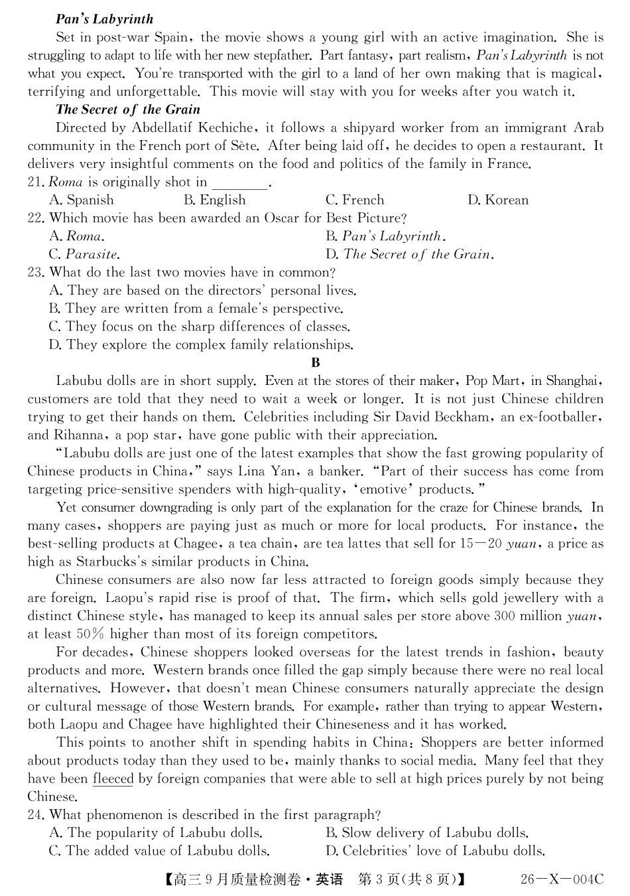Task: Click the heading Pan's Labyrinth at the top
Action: click(104, 19)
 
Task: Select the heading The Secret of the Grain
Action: click(127, 110)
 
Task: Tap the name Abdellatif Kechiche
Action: click(192, 127)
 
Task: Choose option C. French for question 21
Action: click(354, 200)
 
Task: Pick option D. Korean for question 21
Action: click(497, 200)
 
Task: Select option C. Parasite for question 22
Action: click(84, 254)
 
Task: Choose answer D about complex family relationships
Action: click(201, 344)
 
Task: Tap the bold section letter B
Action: click(316, 362)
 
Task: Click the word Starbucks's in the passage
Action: click(130, 561)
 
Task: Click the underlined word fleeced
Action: click(113, 779)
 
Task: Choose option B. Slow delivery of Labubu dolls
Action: click(426, 833)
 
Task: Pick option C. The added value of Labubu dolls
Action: click(159, 851)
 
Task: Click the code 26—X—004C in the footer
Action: click(562, 879)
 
